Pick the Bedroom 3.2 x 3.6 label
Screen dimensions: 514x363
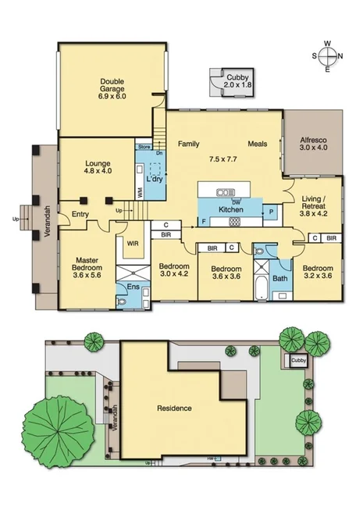point(317,269)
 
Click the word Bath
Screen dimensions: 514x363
point(279,278)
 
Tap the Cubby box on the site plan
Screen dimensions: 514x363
point(298,360)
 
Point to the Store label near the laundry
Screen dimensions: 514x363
point(144,147)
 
